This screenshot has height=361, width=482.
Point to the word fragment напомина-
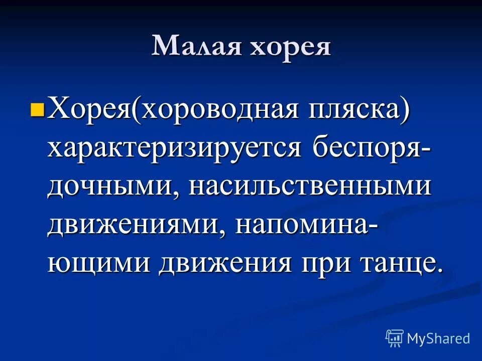coord(306,225)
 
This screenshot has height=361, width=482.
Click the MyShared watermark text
coord(438,338)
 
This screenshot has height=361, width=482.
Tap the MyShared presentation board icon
coord(394,338)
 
